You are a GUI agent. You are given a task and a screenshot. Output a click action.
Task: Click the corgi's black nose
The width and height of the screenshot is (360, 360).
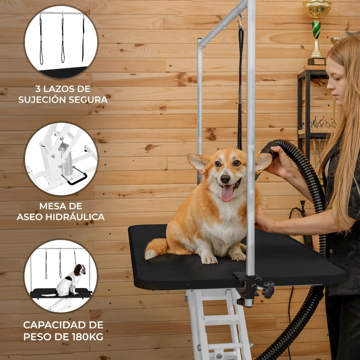pyautogui.click(x=225, y=179)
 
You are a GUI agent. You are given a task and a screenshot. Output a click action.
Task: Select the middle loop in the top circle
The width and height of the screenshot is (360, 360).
pyautogui.click(x=63, y=41)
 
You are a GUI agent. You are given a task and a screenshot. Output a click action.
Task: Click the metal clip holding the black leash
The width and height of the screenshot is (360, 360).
pyautogui.click(x=241, y=21)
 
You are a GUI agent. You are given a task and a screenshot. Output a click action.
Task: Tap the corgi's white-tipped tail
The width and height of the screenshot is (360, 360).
pyautogui.click(x=155, y=249)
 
